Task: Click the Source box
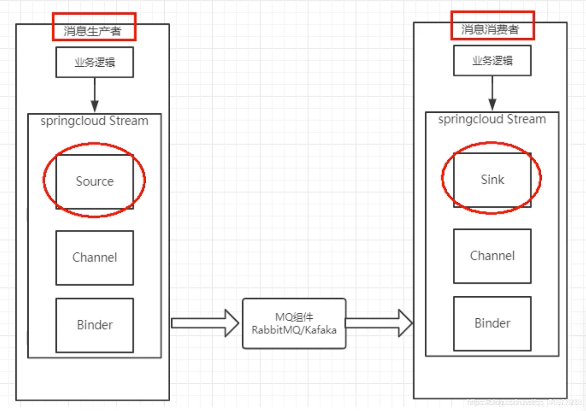(95, 182)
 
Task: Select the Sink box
(492, 180)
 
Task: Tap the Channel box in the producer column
(95, 258)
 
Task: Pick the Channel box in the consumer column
(492, 256)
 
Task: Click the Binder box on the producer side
(95, 325)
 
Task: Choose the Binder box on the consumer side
(492, 324)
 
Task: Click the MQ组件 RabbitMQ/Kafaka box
(294, 324)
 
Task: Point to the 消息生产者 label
(93, 31)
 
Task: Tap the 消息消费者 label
(490, 29)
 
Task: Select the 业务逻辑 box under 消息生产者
(95, 62)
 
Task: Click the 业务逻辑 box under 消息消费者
(492, 61)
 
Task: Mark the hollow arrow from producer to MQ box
(205, 324)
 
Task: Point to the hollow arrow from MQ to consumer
(379, 323)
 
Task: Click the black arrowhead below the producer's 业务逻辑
(95, 106)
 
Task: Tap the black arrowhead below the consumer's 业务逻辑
(492, 105)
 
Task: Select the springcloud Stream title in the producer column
(95, 121)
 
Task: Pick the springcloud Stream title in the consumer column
(492, 119)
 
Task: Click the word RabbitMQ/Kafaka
(294, 330)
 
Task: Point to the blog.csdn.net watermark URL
(524, 402)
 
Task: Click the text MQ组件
(294, 317)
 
